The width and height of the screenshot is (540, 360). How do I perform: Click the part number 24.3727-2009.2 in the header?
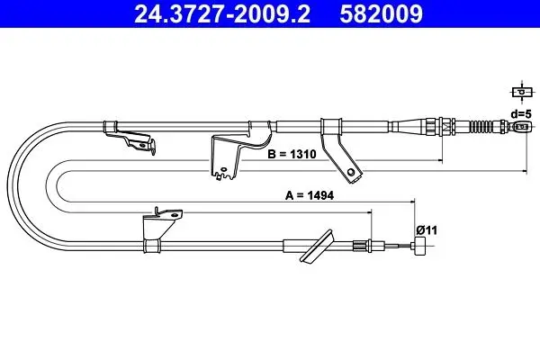pyautogui.click(x=221, y=13)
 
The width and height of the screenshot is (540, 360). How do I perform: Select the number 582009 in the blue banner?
pyautogui.click(x=381, y=13)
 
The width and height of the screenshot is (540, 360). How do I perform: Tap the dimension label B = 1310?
pyautogui.click(x=292, y=154)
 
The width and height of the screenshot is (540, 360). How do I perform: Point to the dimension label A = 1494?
pyautogui.click(x=310, y=195)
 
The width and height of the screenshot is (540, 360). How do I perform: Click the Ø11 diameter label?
pyautogui.click(x=427, y=229)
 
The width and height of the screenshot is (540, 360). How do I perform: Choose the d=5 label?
pyautogui.click(x=521, y=113)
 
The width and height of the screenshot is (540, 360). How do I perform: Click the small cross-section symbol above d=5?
pyautogui.click(x=522, y=92)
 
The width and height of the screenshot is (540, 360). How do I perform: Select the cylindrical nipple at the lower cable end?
pyautogui.click(x=420, y=246)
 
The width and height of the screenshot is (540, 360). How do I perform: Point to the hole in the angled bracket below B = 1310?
pyautogui.click(x=351, y=172)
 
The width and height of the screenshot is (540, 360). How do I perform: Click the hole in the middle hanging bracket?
pyautogui.click(x=223, y=169)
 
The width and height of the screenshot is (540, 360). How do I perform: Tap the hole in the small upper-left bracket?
pyautogui.click(x=142, y=146)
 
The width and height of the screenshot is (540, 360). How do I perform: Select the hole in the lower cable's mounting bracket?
pyautogui.click(x=174, y=215)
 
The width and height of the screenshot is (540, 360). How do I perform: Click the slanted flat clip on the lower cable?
pyautogui.click(x=317, y=247)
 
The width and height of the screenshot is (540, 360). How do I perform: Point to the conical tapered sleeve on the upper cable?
pyautogui.click(x=409, y=126)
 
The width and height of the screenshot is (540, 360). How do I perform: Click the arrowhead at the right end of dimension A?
pyautogui.click(x=412, y=202)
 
